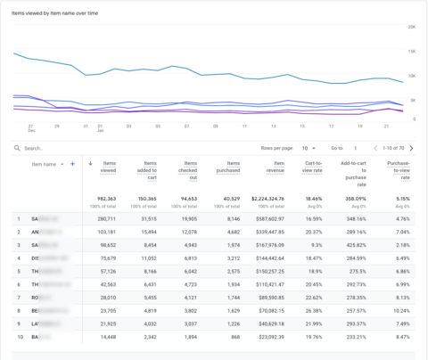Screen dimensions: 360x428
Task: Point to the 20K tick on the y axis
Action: click(412, 27)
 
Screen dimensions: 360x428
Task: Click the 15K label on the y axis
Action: click(412, 51)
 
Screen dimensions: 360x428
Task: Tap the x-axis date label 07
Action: click(187, 127)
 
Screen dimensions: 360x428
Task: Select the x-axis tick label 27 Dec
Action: click(31, 129)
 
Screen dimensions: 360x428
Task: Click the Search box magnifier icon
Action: click(18, 148)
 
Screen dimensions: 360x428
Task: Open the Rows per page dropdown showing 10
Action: click(306, 148)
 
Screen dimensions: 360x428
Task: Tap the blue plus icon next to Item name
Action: click(73, 164)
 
